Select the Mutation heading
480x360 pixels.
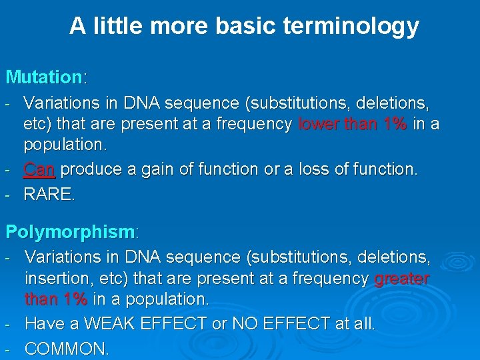point(43,77)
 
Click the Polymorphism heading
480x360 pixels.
point(70,232)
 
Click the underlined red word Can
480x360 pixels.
point(39,170)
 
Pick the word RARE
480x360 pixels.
point(49,195)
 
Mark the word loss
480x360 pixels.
point(320,170)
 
